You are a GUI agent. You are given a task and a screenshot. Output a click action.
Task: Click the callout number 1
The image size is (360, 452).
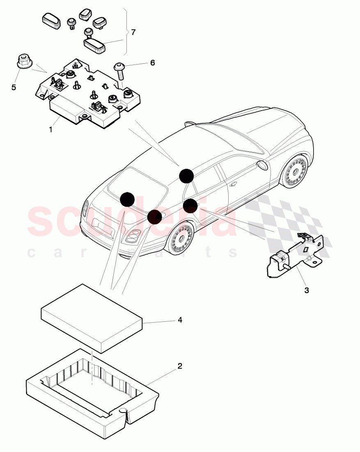pyautogui.click(x=50, y=129)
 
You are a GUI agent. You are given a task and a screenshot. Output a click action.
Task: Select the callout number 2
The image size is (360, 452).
pyautogui.click(x=179, y=366)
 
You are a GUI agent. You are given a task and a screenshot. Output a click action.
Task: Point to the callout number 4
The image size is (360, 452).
pyautogui.click(x=179, y=319)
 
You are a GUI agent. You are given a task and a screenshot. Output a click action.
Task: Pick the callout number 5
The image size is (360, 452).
pyautogui.click(x=14, y=88)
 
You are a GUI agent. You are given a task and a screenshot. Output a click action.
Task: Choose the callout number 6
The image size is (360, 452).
pyautogui.click(x=152, y=63)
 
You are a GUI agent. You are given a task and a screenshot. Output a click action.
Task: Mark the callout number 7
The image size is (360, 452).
pyautogui.click(x=133, y=32)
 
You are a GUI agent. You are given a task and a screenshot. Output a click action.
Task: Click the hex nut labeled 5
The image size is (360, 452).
pyautogui.click(x=23, y=62)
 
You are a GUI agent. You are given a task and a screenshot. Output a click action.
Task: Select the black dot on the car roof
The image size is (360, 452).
pyautogui.click(x=186, y=175)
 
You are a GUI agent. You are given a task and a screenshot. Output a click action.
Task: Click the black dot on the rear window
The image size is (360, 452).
pyautogui.click(x=127, y=199)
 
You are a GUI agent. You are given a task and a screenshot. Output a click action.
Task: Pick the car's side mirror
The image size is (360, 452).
pyautogui.click(x=262, y=166)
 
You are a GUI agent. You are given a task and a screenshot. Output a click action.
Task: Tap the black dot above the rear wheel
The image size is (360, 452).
pyautogui.click(x=155, y=217)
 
